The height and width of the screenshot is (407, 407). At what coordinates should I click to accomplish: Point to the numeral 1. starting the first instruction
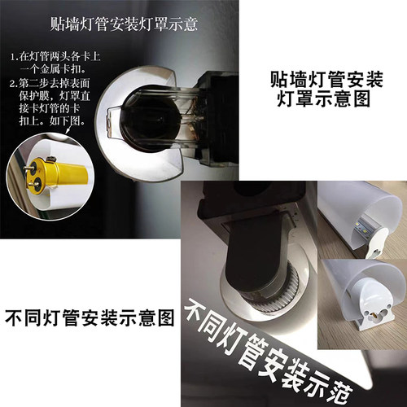(x=15, y=58)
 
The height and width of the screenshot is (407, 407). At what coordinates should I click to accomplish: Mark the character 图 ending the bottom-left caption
(x=166, y=317)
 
